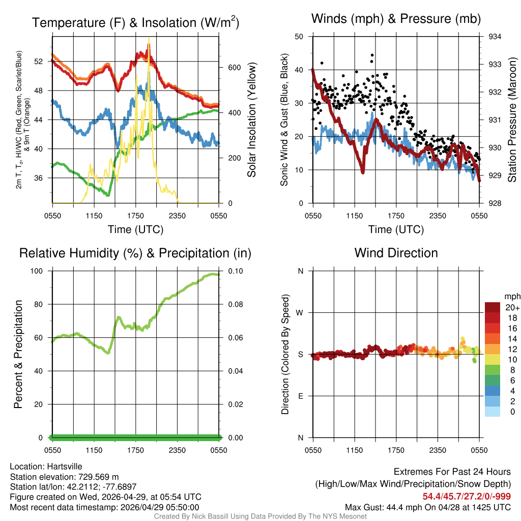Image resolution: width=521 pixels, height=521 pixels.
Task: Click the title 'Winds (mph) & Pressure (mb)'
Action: point(396,19)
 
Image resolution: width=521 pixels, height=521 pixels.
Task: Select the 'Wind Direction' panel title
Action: point(396,252)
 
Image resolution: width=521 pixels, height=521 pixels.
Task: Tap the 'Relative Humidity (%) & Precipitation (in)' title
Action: point(135,253)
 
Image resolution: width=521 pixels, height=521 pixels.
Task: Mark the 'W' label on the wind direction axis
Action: point(300,312)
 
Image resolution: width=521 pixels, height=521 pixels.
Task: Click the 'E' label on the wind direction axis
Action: point(300,396)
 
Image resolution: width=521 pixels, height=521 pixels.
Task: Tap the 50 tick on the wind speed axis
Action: point(299,37)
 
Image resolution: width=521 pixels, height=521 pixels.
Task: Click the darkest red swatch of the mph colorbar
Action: point(493,307)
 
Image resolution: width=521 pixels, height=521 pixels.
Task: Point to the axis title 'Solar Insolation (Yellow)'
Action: point(252,120)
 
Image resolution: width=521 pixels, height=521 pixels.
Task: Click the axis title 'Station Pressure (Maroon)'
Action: point(512,120)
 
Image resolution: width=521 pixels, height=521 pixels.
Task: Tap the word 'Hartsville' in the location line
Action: point(65,467)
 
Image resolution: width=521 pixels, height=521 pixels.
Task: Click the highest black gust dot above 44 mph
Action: point(372,55)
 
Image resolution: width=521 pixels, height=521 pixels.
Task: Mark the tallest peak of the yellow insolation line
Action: point(149,38)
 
